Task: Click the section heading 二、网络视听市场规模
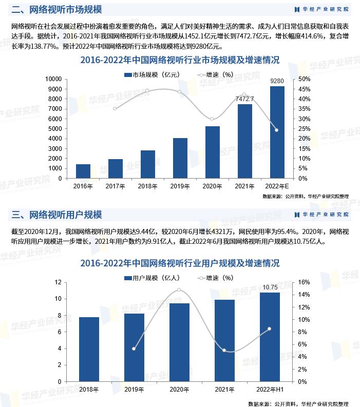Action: pos(56,9)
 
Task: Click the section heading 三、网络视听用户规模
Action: pos(56,215)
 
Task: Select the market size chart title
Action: pos(180,60)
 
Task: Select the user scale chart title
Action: pos(180,263)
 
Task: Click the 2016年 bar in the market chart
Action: pos(83,171)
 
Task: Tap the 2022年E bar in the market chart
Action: pos(277,132)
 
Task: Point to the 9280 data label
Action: pos(277,81)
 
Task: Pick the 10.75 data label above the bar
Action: pos(270,287)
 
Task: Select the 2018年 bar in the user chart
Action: pos(89,350)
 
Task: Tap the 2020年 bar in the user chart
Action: pos(179,342)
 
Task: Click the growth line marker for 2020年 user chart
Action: pos(179,290)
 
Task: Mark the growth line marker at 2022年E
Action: pos(276,130)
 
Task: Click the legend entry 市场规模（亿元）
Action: pos(151,74)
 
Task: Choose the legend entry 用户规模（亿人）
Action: pos(151,278)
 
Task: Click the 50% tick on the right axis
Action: pos(304,79)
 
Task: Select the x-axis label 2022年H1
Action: pos(270,390)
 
